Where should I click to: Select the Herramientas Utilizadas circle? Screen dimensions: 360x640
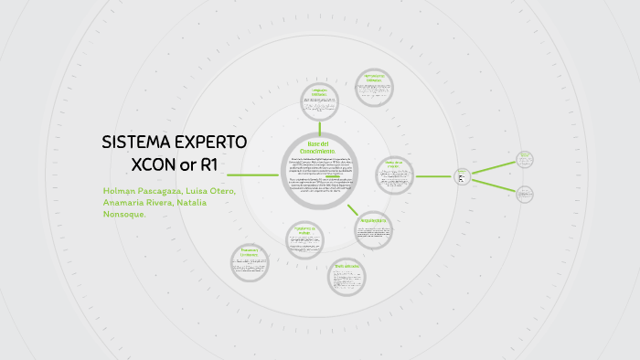(374, 88)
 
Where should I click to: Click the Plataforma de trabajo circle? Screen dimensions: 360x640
(304, 239)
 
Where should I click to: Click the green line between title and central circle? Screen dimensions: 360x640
(252, 174)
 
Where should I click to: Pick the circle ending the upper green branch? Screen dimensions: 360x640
(525, 159)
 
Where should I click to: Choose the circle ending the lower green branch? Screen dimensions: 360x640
(525, 194)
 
